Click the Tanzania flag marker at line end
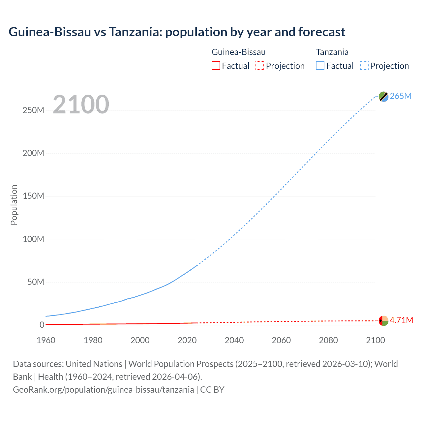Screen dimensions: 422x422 pos(383,96)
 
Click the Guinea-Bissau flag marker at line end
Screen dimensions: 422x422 pos(383,320)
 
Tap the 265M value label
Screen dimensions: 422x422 pos(401,96)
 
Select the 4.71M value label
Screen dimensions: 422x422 pos(401,320)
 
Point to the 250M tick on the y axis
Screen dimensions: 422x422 pos(33,110)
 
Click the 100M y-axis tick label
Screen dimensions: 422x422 pos(33,239)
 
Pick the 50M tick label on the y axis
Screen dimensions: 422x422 pos(36,282)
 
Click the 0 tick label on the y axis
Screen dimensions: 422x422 pos(42,325)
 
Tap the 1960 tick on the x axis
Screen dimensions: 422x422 pos(46,340)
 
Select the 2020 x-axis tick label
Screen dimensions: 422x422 pos(187,340)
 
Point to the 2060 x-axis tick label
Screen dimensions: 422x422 pos(281,340)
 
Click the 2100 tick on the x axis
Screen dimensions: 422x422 pos(375,340)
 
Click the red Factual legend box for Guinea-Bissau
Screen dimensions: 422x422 pos(216,66)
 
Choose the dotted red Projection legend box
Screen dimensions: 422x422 pos(260,66)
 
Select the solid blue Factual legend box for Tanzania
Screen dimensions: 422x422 pos(320,66)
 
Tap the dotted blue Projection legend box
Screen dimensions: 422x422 pos(364,66)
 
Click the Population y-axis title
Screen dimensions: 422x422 pos(14,205)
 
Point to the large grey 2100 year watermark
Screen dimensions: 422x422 pos(81,105)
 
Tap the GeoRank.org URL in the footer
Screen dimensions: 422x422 pos(103,390)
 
